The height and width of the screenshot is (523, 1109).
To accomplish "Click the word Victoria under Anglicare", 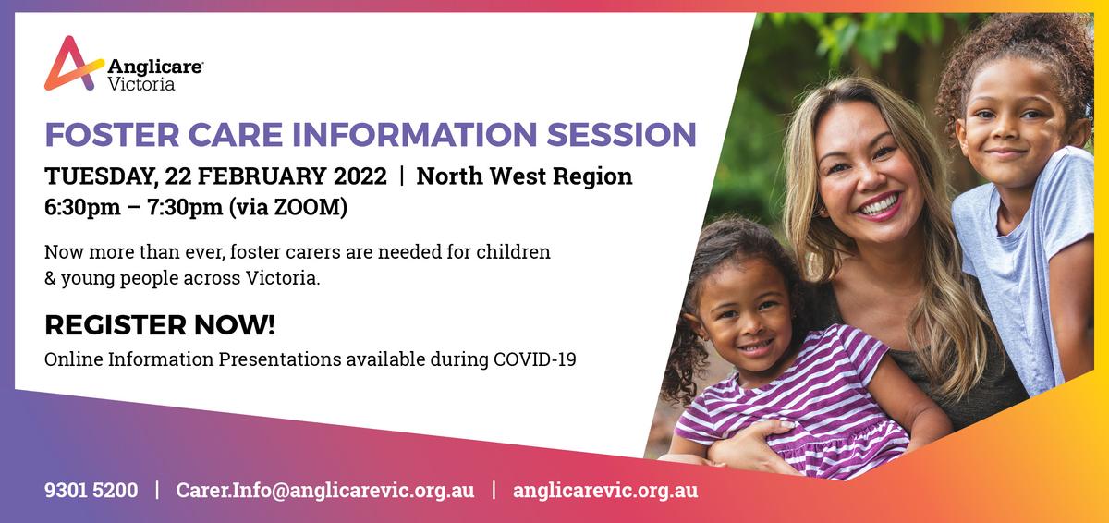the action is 141,84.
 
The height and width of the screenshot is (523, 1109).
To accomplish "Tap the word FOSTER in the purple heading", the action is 112,135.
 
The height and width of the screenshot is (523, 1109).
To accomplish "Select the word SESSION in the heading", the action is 622,135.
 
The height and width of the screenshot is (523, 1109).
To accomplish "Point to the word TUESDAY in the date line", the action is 101,176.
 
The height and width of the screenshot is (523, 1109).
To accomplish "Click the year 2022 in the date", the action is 360,176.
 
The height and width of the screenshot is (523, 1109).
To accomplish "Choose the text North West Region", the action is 524,176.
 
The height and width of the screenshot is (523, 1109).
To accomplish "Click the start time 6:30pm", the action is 82,207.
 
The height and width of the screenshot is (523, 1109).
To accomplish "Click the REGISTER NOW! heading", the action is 159,325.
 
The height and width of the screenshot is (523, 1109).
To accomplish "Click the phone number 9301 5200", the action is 91,490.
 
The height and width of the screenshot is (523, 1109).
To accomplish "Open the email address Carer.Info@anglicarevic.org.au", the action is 324,491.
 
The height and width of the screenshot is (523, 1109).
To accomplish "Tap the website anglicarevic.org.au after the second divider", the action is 605,491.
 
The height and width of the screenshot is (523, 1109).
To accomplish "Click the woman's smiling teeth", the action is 880,205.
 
